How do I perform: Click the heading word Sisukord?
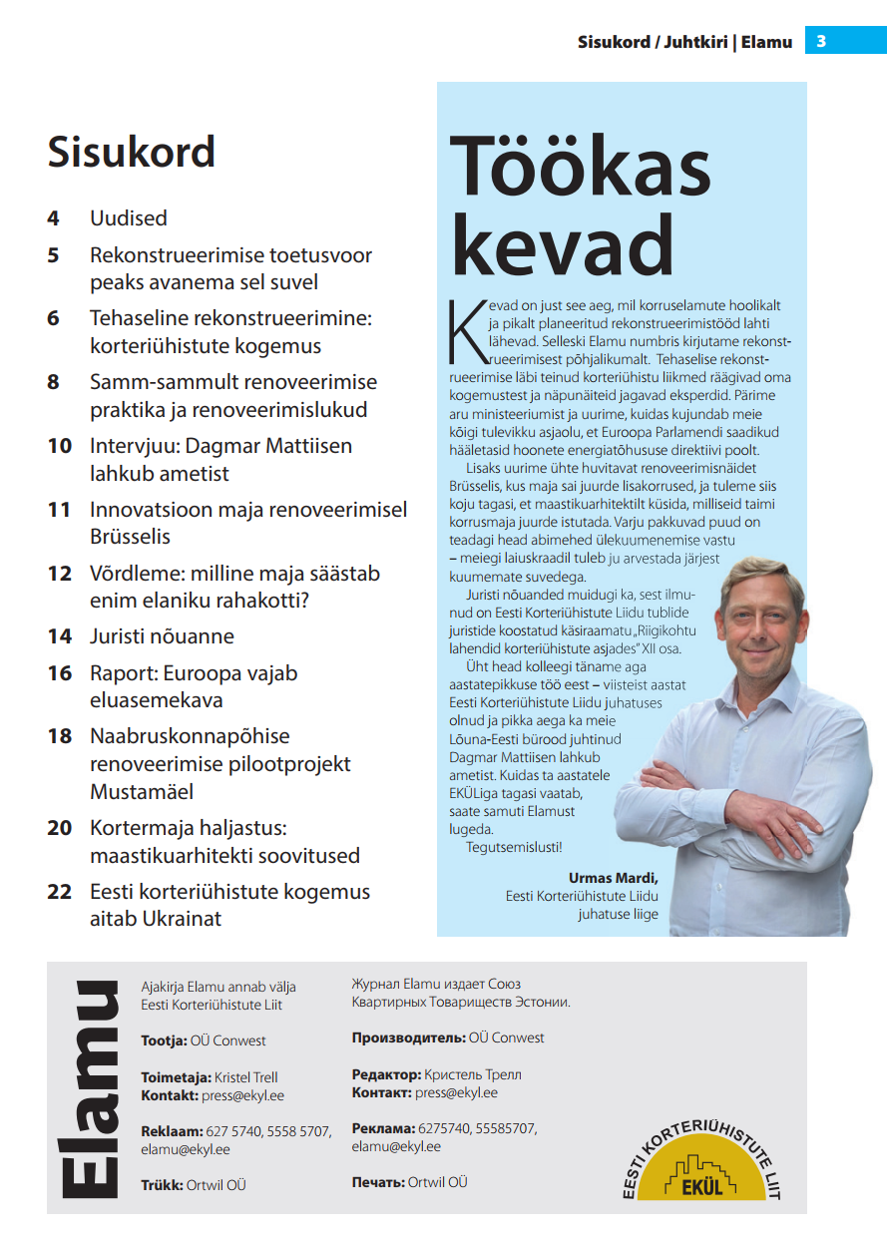tap(132, 152)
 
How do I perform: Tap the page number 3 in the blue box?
tap(821, 41)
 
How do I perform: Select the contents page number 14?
tap(59, 636)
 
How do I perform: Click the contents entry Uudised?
tap(129, 218)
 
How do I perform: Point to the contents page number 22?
tap(59, 892)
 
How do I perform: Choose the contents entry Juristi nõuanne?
tap(162, 636)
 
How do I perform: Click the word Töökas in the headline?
tap(581, 168)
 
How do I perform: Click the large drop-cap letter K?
tap(462, 328)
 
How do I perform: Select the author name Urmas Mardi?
tap(614, 878)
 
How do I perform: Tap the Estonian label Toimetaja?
tap(176, 1077)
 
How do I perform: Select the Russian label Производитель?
tap(409, 1037)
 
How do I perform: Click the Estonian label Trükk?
tap(162, 1185)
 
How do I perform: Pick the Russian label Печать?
tap(378, 1182)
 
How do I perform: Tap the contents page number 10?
tap(59, 446)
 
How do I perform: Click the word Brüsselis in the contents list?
tap(131, 537)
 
